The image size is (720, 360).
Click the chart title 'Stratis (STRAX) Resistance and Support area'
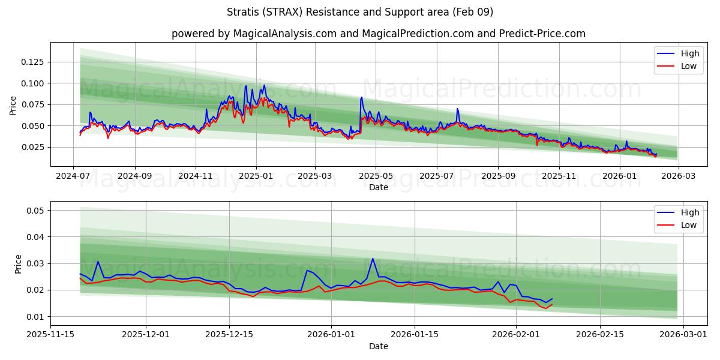point(360,12)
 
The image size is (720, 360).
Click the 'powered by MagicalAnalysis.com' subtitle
point(378,34)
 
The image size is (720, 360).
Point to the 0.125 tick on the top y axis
point(33,62)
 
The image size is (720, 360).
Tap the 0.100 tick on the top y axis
point(33,83)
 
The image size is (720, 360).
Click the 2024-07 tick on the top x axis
point(73,176)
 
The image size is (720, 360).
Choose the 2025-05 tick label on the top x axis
point(376,176)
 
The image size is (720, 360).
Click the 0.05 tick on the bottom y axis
point(35,211)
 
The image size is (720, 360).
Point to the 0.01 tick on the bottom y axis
point(35,317)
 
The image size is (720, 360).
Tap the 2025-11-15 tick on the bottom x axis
point(50,335)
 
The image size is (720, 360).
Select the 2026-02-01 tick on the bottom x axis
point(516,335)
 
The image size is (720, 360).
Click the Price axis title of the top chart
point(13,104)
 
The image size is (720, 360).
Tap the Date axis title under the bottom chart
point(378,346)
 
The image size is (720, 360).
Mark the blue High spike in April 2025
point(361,97)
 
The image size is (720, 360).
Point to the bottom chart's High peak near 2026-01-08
point(373,259)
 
